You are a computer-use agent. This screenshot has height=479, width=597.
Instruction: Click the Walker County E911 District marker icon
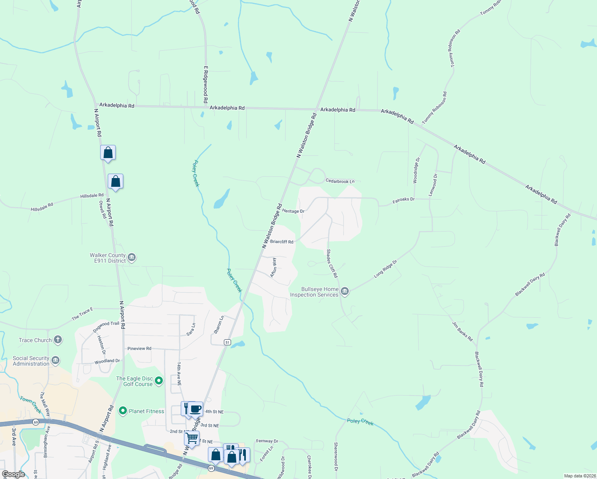tap(132, 258)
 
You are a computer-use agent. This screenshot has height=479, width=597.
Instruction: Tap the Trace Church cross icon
tap(58, 340)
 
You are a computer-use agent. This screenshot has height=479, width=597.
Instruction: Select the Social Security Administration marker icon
tap(55, 361)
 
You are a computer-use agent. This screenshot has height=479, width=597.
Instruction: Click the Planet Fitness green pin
tap(123, 411)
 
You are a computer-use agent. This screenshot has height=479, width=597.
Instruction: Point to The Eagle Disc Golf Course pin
tap(159, 381)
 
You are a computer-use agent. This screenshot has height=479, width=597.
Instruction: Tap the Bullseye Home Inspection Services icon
tap(345, 291)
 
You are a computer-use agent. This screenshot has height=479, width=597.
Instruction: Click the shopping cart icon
tap(192, 438)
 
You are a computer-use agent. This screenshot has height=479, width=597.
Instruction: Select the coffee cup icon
tap(196, 409)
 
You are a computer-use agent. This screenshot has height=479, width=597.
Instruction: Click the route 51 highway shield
tap(227, 342)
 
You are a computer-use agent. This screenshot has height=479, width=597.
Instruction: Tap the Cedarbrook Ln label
tap(340, 181)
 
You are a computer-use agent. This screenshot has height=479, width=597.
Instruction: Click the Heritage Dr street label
tap(293, 211)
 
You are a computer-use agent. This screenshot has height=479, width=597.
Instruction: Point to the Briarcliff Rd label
tap(282, 241)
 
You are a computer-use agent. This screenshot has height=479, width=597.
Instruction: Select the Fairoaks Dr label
tap(403, 200)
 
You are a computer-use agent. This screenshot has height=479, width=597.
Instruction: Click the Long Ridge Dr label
tap(385, 269)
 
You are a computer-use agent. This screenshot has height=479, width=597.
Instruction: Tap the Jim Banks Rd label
tap(462, 331)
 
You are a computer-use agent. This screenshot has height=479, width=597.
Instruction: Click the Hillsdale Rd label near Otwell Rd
tap(92, 196)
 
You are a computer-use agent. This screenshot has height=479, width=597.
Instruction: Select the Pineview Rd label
tap(139, 348)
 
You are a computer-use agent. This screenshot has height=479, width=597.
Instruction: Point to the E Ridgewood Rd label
tap(206, 85)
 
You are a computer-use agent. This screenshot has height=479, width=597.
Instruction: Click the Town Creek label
tap(31, 405)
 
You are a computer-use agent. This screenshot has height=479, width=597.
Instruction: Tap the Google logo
tap(14, 474)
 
